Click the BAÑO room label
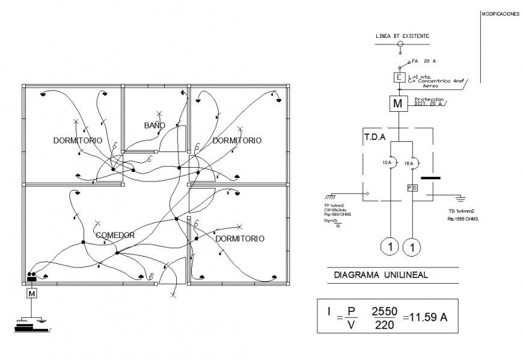tap(154, 125)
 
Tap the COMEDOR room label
tap(114, 235)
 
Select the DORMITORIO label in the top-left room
tap(77, 140)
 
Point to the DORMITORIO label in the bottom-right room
tap(239, 239)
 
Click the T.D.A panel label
tap(375, 136)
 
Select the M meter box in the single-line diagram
tap(397, 103)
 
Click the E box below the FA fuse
tap(397, 78)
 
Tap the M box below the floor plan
tap(31, 293)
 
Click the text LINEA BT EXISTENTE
tap(402, 36)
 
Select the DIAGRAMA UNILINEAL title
tap(372, 276)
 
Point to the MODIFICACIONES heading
tap(500, 14)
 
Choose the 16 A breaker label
tap(409, 163)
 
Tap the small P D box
tap(412, 188)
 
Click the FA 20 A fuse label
tap(424, 61)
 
